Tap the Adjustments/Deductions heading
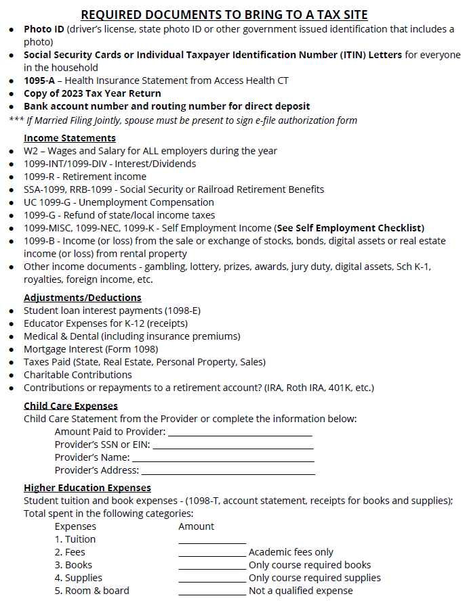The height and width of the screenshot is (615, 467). [x=82, y=298]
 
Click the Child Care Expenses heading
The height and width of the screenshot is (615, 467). [x=70, y=406]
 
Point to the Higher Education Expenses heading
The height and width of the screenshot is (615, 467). [x=87, y=488]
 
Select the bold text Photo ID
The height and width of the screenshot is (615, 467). [x=44, y=29]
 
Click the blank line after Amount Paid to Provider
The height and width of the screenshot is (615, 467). [x=240, y=432]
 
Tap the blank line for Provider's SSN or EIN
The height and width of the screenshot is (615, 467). [x=233, y=445]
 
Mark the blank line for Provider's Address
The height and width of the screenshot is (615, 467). [x=228, y=471]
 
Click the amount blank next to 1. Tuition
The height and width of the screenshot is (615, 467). [x=212, y=541]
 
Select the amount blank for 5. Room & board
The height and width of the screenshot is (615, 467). [x=212, y=592]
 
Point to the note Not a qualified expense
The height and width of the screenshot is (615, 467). [x=300, y=591]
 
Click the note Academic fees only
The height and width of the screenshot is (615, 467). [x=291, y=552]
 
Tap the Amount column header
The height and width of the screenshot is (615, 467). [x=196, y=526]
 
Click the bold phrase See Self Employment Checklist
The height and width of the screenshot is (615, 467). [x=349, y=228]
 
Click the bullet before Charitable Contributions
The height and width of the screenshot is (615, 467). [x=12, y=375]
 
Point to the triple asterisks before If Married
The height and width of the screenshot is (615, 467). [x=16, y=120]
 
